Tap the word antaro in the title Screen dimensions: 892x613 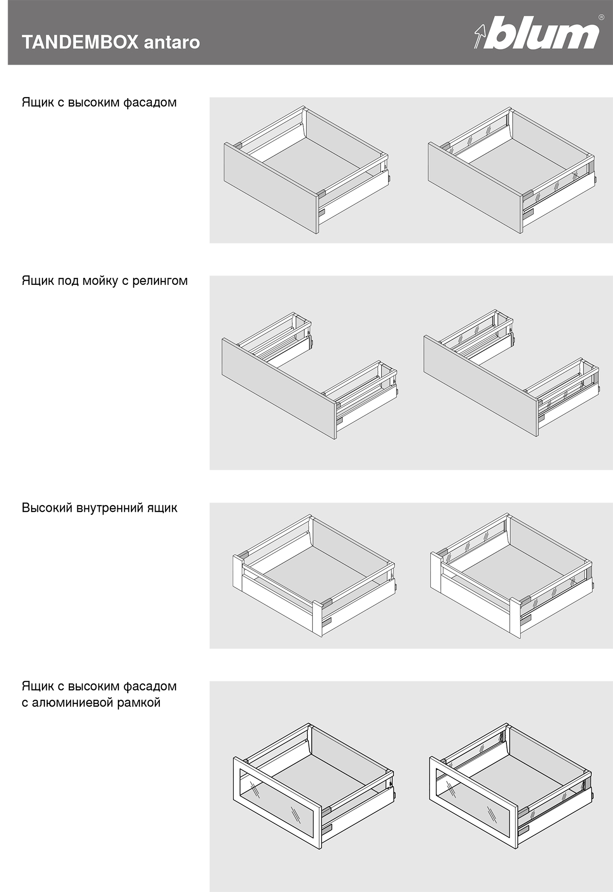pyautogui.click(x=172, y=43)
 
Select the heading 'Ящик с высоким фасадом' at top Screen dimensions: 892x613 pyautogui.click(x=99, y=102)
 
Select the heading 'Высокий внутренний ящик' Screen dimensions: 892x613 pyautogui.click(x=99, y=508)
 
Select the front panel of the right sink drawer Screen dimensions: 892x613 pyautogui.click(x=481, y=384)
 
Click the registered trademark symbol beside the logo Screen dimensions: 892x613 pyautogui.click(x=601, y=17)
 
